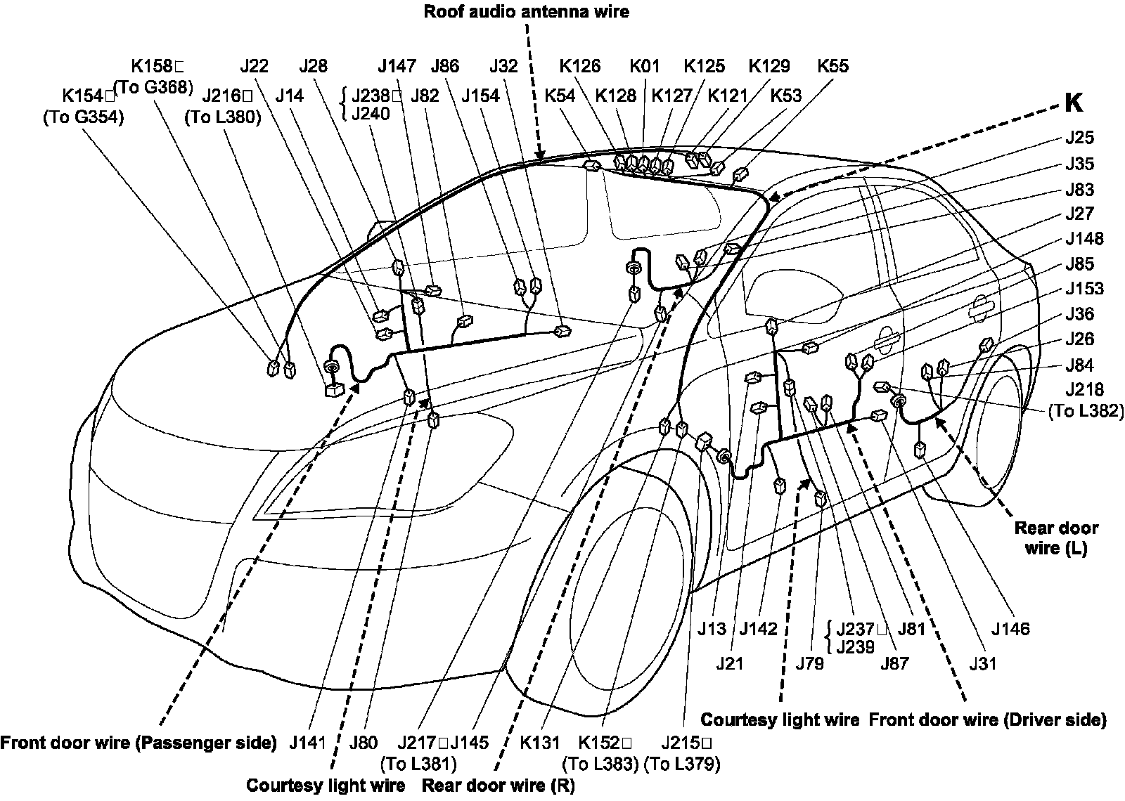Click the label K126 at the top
click(580, 66)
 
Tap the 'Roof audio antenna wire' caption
click(526, 11)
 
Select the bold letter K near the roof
click(1073, 103)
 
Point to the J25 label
click(1079, 138)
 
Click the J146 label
click(1010, 629)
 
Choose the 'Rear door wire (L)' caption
click(1056, 538)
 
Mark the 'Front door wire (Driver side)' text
click(988, 719)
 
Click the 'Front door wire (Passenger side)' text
click(139, 743)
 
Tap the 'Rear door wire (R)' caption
click(498, 786)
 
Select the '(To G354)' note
click(83, 117)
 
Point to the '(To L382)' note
click(1086, 411)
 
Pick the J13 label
click(712, 629)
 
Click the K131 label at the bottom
click(540, 743)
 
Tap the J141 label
click(307, 743)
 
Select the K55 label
click(832, 66)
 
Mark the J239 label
click(855, 646)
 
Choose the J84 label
click(1079, 365)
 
